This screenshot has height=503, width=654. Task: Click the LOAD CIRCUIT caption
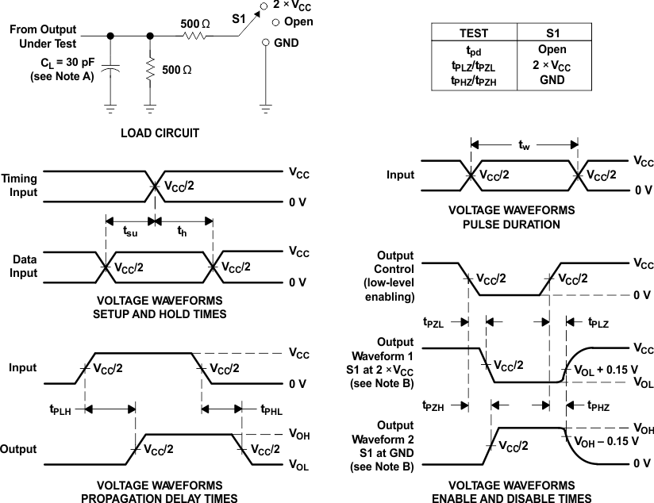[x=160, y=133]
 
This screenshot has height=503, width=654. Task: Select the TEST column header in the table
[x=474, y=33]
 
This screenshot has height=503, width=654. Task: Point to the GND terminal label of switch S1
[x=287, y=43]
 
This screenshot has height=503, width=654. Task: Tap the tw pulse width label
[x=523, y=145]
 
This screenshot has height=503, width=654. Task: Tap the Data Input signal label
[x=24, y=266]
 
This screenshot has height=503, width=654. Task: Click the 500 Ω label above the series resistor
[x=194, y=24]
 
